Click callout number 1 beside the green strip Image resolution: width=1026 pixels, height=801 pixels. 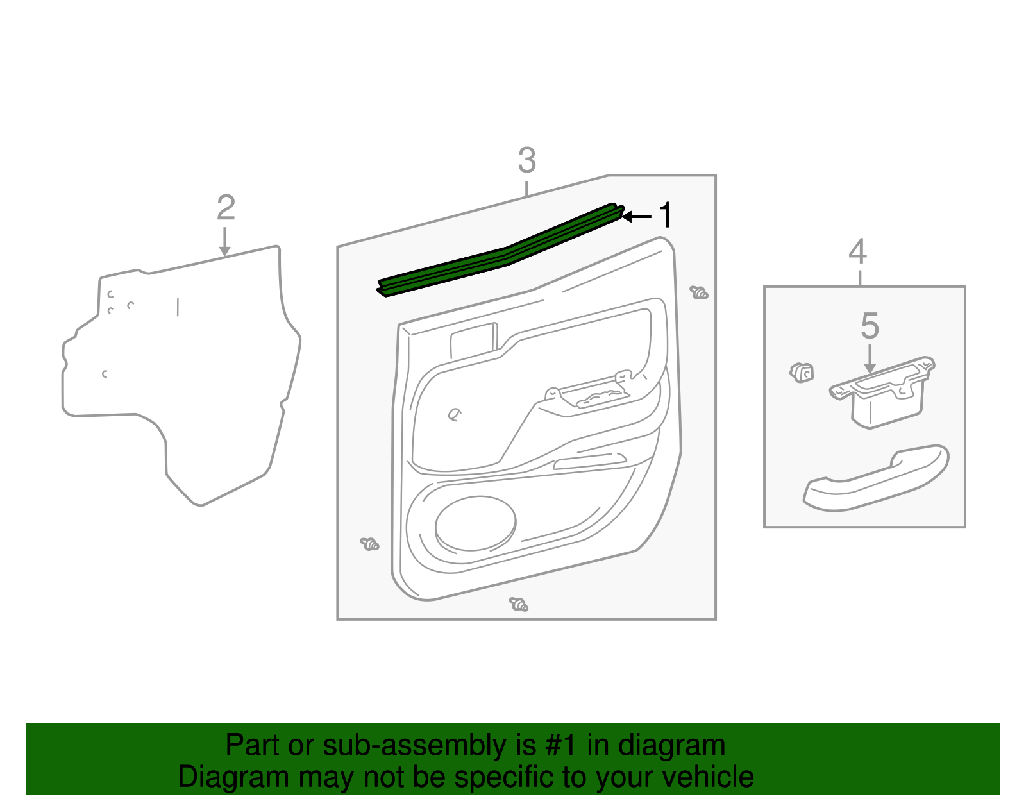[666, 215]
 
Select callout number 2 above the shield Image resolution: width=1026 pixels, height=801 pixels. [226, 208]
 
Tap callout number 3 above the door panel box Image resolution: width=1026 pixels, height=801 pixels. [526, 160]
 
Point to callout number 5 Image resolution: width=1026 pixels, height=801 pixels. [870, 326]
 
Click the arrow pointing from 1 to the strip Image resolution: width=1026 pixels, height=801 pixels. [637, 217]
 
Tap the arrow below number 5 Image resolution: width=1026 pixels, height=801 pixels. [870, 360]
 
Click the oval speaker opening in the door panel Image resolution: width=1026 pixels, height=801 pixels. [475, 523]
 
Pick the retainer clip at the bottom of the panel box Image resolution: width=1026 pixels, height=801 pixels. [519, 604]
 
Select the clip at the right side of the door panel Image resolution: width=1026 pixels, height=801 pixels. [699, 293]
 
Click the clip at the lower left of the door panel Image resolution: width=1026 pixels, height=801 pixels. [370, 544]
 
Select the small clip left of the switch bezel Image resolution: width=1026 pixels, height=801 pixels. [802, 372]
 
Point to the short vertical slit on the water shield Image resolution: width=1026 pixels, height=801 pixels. [178, 307]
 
